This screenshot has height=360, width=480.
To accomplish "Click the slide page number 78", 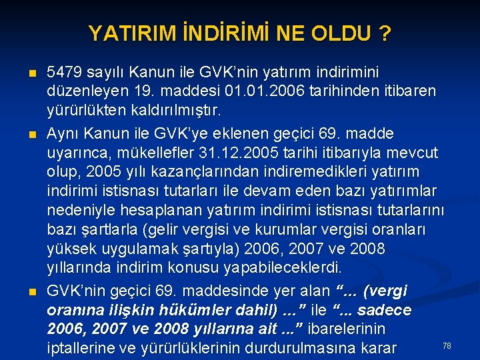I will pyautogui.click(x=447, y=345).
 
